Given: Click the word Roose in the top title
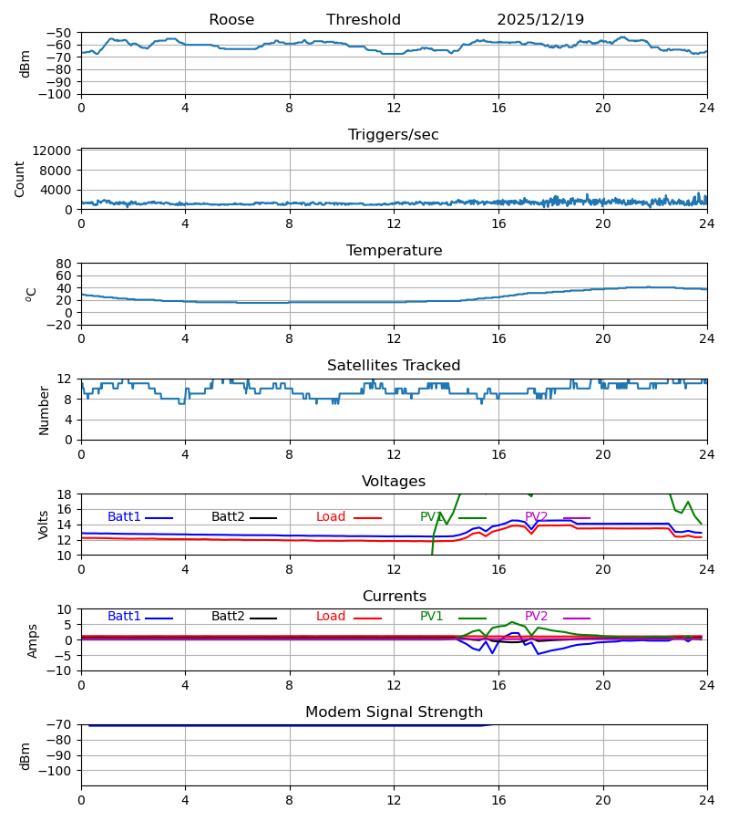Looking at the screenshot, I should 231,20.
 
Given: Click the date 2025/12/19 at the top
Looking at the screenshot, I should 540,20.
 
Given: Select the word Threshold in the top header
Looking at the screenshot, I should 364,20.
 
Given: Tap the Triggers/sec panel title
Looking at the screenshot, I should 394,135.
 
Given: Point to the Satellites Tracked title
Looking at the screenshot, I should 394,366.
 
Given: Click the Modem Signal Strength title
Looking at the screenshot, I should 394,712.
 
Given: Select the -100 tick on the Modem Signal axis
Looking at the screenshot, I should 56,771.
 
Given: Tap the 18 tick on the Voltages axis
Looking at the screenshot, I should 65,494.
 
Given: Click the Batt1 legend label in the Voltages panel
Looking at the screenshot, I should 124,517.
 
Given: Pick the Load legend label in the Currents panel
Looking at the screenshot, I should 331,617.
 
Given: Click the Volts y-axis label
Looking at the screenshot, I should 44,525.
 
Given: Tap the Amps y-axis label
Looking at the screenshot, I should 33,640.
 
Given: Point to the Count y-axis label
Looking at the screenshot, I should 20,179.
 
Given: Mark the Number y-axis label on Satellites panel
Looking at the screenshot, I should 44,410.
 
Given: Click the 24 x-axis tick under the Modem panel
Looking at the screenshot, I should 706,800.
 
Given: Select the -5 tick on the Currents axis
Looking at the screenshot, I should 62,655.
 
